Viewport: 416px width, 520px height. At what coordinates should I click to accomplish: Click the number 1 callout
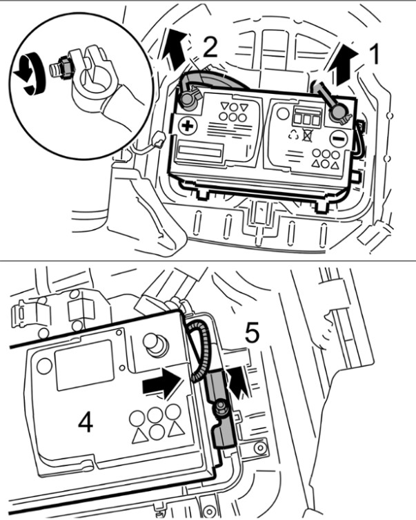coord(375,54)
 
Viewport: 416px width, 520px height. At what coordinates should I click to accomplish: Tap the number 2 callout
coord(209,47)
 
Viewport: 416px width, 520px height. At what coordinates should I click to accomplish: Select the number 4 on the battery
coord(86,421)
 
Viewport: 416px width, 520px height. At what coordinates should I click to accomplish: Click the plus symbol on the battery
coord(186,125)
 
